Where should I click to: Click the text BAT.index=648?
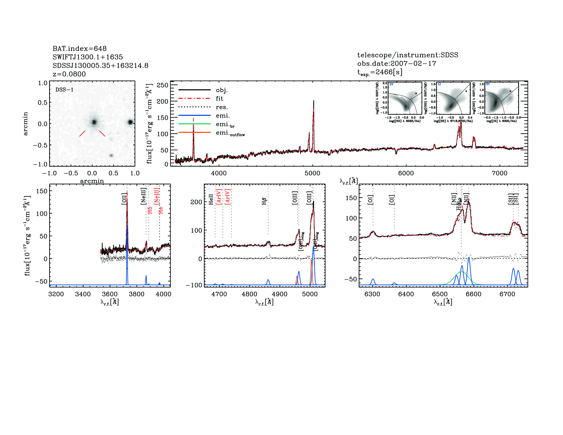click(x=79, y=48)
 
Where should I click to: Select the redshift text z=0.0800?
click(x=69, y=74)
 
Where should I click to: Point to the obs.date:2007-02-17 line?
click(x=396, y=63)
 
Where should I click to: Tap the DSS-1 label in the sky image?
click(x=64, y=90)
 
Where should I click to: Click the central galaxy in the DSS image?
click(x=94, y=122)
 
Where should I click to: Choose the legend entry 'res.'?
click(x=222, y=107)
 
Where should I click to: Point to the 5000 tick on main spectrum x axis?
click(x=312, y=173)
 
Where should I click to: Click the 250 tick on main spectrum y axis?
click(x=162, y=85)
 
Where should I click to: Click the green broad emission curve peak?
click(x=461, y=272)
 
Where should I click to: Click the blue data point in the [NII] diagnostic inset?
click(x=416, y=93)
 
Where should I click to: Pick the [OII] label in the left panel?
click(x=124, y=199)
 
